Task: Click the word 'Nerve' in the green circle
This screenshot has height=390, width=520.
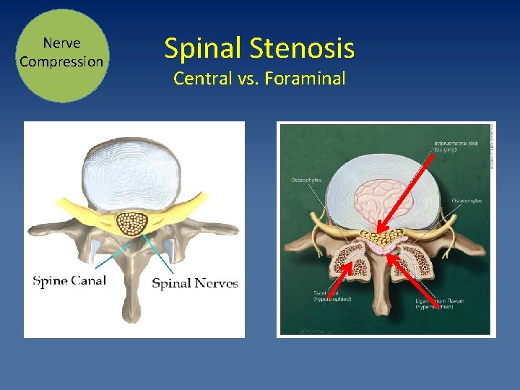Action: pos(61,43)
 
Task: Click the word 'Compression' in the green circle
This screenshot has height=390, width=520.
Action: pos(61,61)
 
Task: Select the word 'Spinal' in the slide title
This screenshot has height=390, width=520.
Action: pos(202,48)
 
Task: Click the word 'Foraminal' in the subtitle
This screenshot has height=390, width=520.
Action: pos(305,78)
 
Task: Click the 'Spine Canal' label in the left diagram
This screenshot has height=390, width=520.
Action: pos(69,280)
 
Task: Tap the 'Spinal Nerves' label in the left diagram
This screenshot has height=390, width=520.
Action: pos(194,283)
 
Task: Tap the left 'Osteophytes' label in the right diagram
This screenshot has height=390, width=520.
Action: pos(305,180)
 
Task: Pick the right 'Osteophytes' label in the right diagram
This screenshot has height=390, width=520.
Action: pos(467,201)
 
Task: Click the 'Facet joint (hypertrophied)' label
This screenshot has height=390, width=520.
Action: pos(332,296)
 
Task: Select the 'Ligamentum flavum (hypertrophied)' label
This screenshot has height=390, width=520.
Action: pos(434,303)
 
